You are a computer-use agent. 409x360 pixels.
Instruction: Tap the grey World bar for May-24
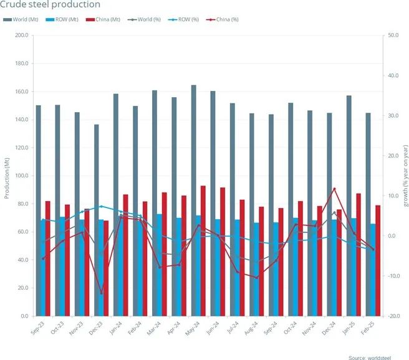(x=193, y=199)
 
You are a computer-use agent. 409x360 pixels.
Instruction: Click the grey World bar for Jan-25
(x=349, y=206)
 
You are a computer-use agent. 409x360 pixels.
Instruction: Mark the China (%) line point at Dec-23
(x=101, y=293)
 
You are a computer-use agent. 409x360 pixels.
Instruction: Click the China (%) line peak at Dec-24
(x=334, y=189)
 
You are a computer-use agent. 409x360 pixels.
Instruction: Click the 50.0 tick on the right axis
(x=393, y=36)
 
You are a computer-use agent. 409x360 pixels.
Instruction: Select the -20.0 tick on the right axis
(x=393, y=316)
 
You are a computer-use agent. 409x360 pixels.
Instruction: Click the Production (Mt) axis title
(x=7, y=176)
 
